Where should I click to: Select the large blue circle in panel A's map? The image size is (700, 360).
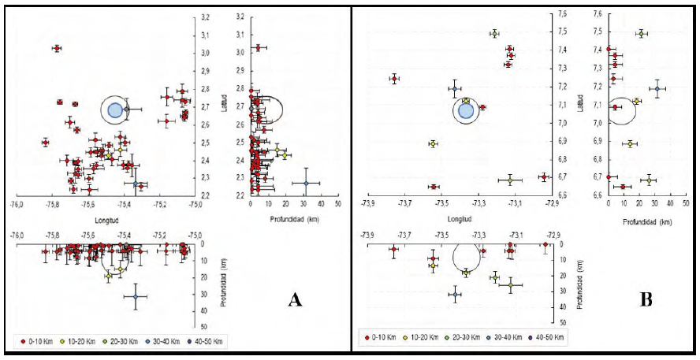115,109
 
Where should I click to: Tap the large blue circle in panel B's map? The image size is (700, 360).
466,110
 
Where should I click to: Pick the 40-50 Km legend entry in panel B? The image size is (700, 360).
544,338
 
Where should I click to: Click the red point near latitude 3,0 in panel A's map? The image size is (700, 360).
57,49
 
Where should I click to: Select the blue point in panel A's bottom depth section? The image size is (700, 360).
136,296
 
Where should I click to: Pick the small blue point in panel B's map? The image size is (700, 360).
456,88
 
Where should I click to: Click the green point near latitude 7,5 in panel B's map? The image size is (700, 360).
494,34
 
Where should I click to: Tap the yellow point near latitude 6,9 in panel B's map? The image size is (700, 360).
433,144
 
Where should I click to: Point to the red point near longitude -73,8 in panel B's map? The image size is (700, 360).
394,79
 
